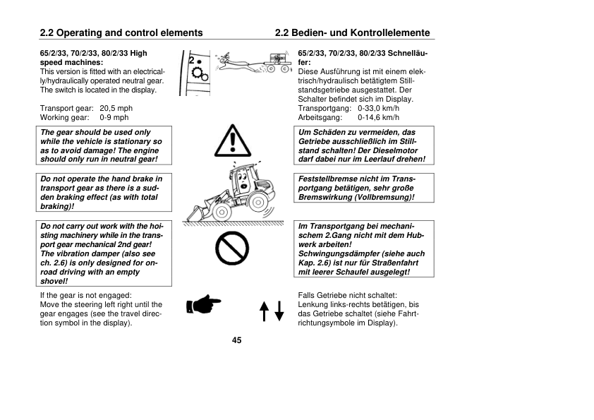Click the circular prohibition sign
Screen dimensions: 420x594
232,248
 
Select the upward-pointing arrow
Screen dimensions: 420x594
264,310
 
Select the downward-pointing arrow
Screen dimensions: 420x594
279,310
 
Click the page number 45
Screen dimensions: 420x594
237,340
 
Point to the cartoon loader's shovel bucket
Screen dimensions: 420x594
196,212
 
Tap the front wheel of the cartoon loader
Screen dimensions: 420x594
222,211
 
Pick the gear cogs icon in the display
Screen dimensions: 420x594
199,73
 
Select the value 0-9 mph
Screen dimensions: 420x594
114,117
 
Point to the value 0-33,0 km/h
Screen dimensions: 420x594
378,108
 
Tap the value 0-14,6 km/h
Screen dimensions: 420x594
378,117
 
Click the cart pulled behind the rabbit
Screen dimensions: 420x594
277,62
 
